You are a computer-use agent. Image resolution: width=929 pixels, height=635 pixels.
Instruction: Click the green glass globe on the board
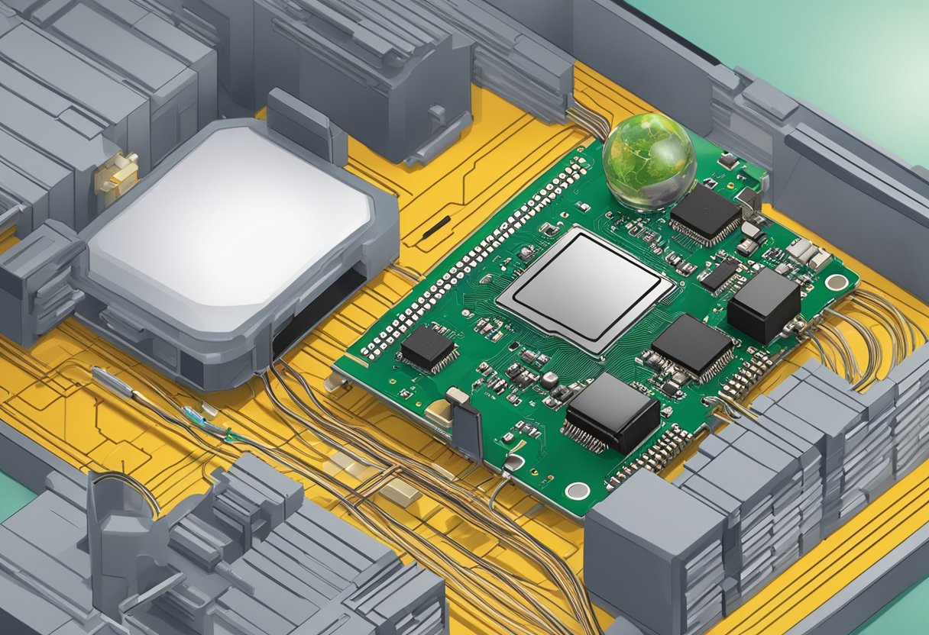(x=649, y=161)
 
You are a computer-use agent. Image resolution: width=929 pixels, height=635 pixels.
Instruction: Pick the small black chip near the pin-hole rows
(x=427, y=347)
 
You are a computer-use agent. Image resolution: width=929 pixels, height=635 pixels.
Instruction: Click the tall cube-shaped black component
(x=763, y=304)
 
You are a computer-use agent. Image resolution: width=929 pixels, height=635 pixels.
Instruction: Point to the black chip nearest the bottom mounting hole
(x=612, y=412)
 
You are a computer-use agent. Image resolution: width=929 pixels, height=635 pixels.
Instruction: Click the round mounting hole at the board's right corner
(x=837, y=282)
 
